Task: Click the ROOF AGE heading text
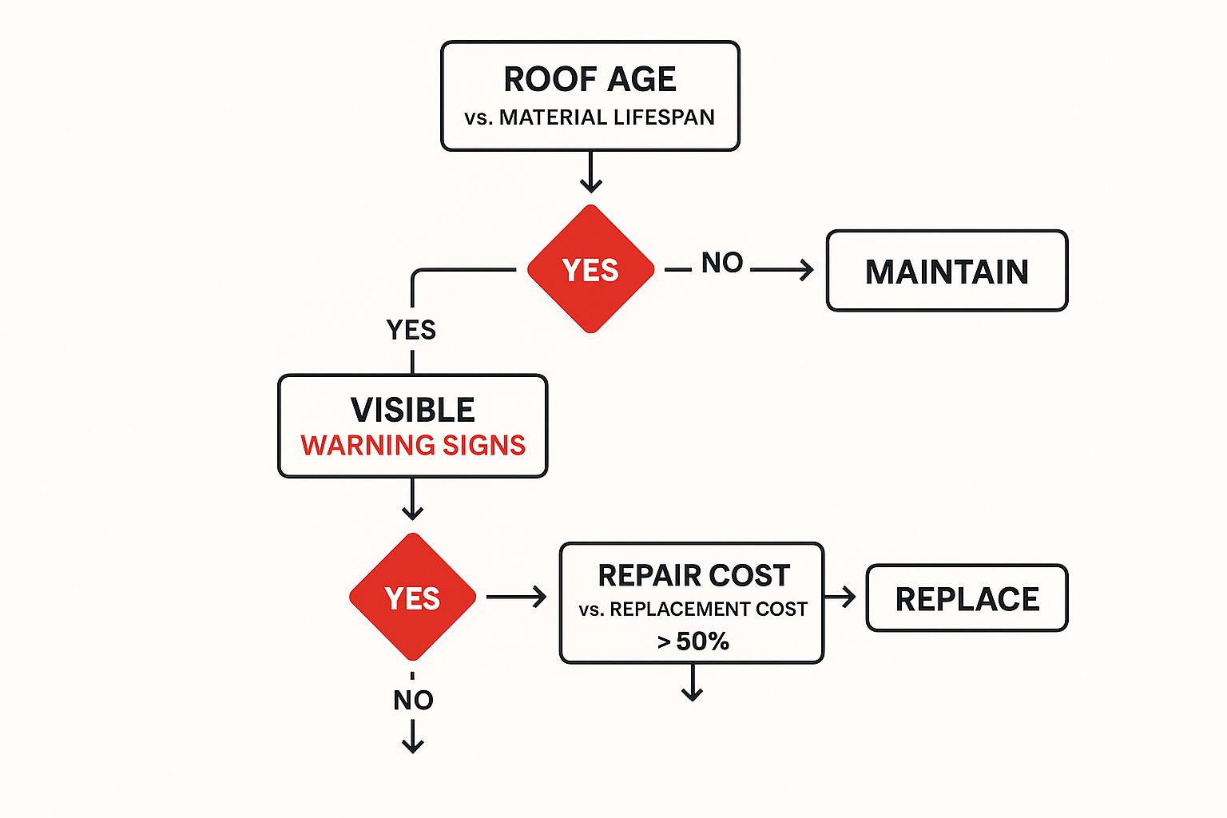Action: point(590,79)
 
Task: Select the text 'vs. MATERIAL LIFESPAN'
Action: point(590,117)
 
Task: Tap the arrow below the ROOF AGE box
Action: point(590,173)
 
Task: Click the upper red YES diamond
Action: point(590,270)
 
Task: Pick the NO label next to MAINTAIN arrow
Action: point(722,263)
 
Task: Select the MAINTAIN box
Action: point(947,271)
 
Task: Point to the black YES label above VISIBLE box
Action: point(411,329)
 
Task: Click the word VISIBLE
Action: point(412,410)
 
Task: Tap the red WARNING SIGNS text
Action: point(413,445)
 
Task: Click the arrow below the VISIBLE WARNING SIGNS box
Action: point(412,500)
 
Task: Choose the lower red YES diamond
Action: point(412,598)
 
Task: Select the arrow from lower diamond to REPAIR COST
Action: point(517,597)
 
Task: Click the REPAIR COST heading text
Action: point(693,575)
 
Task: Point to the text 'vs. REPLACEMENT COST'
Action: point(693,610)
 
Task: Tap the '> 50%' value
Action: point(693,641)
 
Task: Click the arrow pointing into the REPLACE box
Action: point(841,597)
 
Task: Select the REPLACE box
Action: point(967,598)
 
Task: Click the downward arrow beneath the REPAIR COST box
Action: point(693,684)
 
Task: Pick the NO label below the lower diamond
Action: point(413,700)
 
